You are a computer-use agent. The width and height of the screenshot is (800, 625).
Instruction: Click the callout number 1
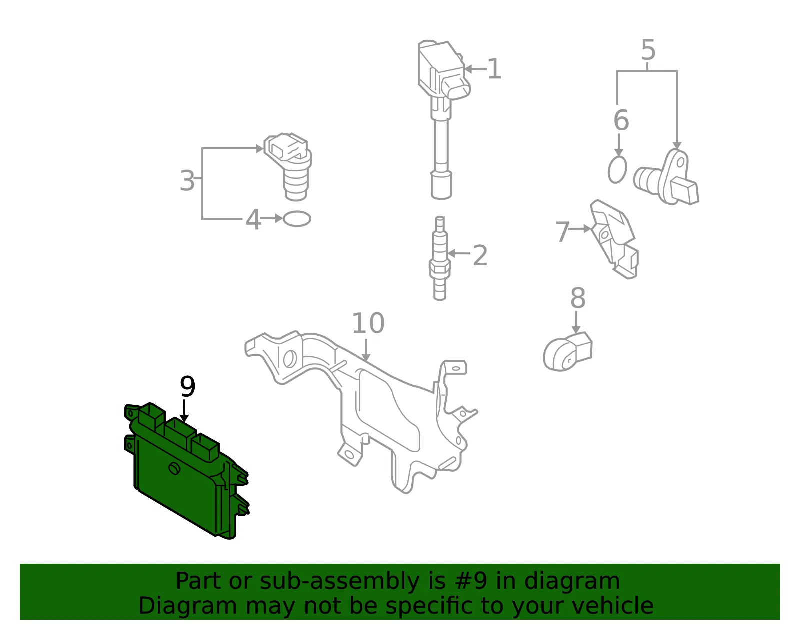[x=494, y=69]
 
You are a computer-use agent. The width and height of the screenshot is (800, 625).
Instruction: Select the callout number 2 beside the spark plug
[x=480, y=255]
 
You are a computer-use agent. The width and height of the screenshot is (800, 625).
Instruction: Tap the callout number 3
[x=187, y=181]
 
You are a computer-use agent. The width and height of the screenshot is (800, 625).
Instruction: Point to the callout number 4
[x=253, y=220]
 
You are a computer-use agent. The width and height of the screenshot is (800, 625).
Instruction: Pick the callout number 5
[x=648, y=50]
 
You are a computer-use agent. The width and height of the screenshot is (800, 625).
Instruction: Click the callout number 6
[x=621, y=120]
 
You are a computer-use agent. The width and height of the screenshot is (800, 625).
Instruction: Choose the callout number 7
[x=563, y=232]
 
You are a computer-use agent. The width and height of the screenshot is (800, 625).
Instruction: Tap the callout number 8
[x=577, y=298]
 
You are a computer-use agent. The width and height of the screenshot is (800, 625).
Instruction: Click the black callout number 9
[x=188, y=386]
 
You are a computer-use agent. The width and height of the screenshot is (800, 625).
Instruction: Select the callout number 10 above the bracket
[x=368, y=323]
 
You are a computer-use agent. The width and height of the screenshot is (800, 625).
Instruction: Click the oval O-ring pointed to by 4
[x=297, y=219]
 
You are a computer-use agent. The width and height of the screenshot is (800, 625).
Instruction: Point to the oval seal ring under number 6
[x=617, y=170]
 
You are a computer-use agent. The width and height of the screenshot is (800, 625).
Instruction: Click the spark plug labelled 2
[x=440, y=258]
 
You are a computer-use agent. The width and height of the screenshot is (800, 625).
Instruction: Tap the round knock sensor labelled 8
[x=567, y=352]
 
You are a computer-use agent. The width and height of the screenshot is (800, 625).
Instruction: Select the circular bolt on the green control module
[x=174, y=469]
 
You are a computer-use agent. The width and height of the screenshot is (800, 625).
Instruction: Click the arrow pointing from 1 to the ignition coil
[x=476, y=69]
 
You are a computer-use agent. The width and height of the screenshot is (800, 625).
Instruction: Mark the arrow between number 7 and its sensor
[x=580, y=229]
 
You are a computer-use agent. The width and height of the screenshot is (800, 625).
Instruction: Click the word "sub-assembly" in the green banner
[x=339, y=581]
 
